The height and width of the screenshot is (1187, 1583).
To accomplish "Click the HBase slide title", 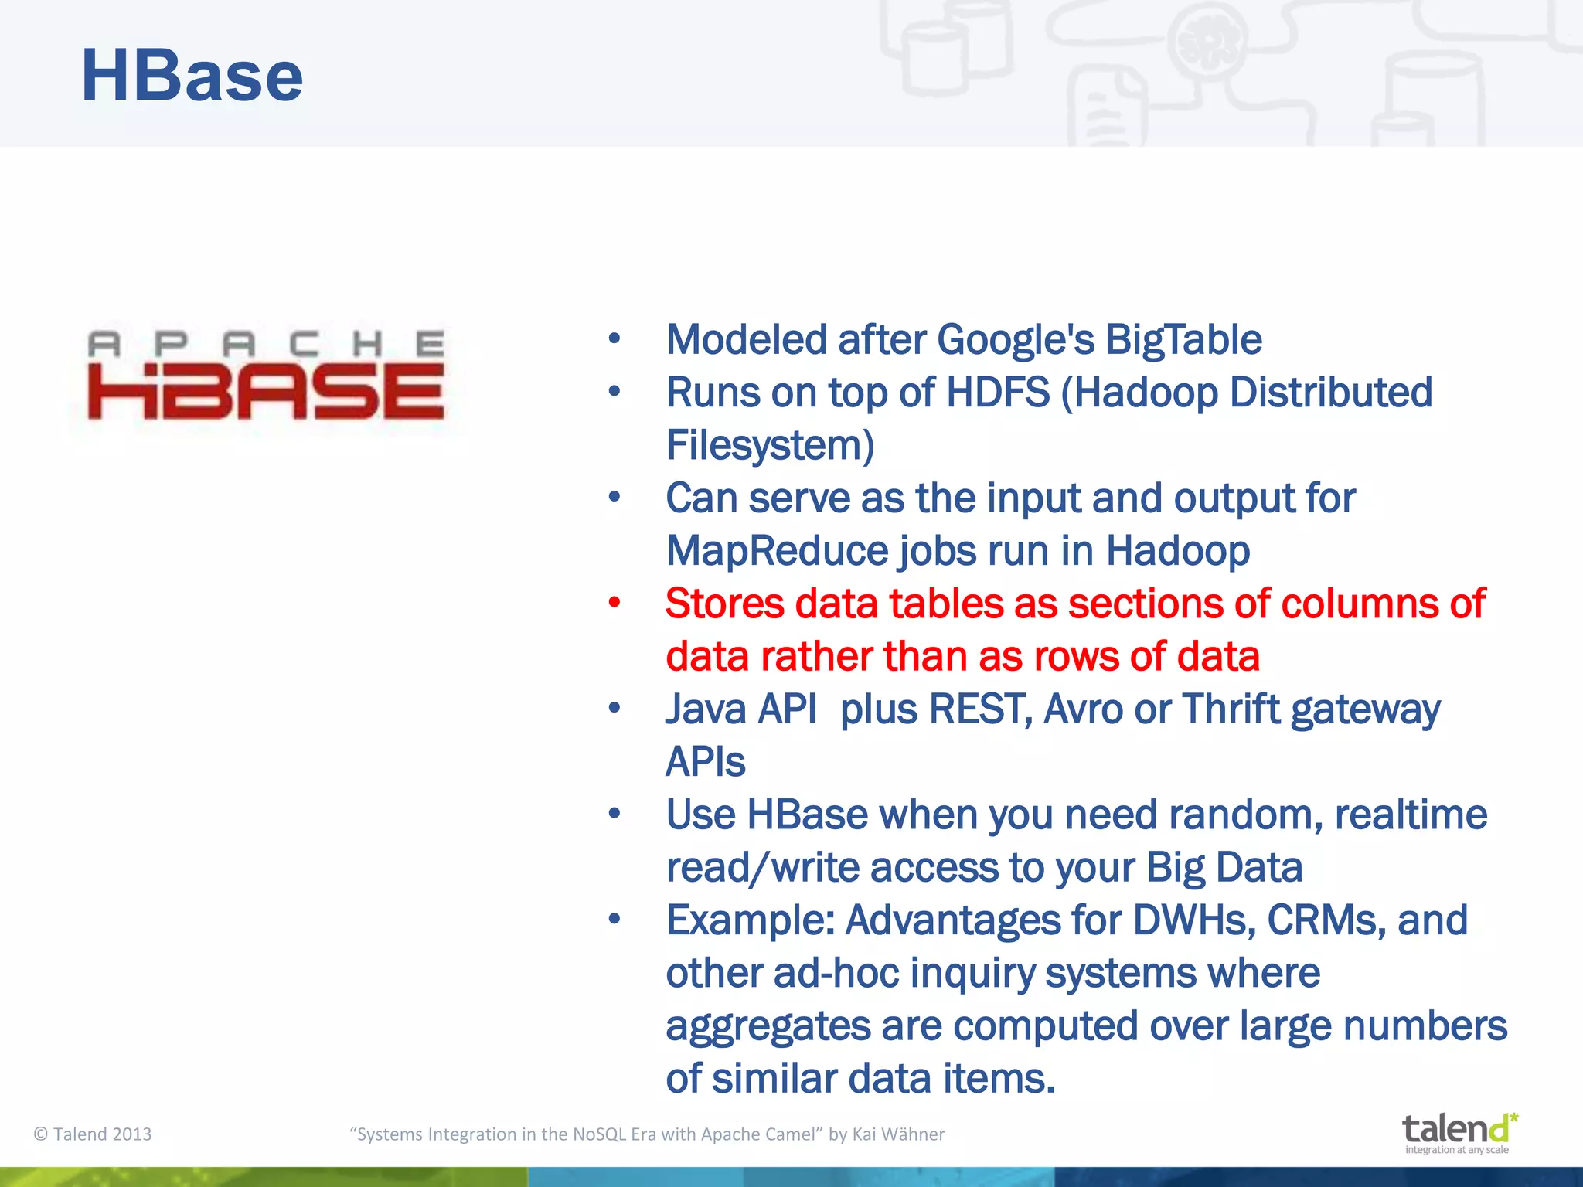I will [192, 76].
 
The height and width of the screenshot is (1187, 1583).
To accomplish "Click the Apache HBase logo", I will [266, 376].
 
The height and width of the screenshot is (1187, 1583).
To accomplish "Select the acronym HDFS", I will [997, 393].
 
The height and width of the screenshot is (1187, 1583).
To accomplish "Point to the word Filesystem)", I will [770, 446].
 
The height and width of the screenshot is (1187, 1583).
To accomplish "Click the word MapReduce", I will [777, 551].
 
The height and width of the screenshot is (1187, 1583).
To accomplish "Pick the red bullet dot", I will [614, 603].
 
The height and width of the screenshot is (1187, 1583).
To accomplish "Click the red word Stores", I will [724, 604].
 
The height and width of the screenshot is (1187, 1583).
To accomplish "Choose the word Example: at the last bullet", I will [750, 920].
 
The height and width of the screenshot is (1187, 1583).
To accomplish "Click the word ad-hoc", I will [836, 973].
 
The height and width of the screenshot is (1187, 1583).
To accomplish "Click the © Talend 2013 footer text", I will [93, 1134].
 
